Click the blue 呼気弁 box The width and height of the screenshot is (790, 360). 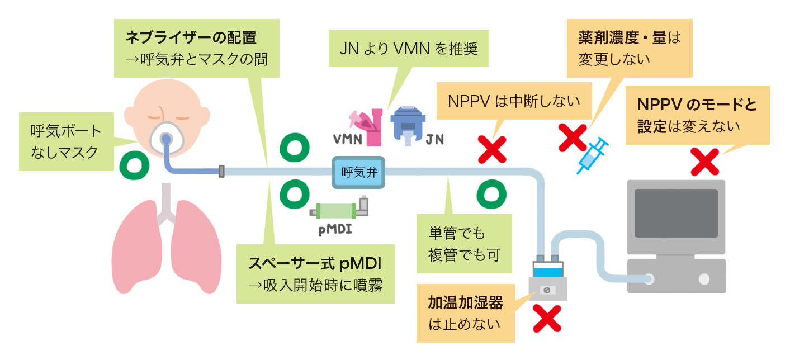tap(358, 172)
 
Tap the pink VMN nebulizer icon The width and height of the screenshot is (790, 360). tap(367, 127)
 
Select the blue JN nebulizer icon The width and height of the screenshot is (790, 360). tap(408, 125)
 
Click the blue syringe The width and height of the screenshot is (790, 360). tap(593, 155)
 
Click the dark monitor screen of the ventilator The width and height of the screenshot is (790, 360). tap(676, 213)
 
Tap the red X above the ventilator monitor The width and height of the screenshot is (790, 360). tap(704, 162)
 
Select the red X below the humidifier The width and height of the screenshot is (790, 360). tap(547, 319)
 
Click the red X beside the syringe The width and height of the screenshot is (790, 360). tap(573, 138)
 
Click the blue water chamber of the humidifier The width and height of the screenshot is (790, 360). tap(548, 272)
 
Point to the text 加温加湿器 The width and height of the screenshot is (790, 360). tap(466, 302)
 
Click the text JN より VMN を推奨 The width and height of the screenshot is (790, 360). tap(409, 49)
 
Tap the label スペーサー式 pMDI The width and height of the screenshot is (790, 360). tap(315, 263)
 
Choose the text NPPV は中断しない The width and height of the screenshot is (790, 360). tap(514, 102)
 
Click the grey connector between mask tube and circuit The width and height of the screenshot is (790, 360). tap(221, 172)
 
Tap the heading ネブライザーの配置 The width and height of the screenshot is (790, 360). tap(191, 37)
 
